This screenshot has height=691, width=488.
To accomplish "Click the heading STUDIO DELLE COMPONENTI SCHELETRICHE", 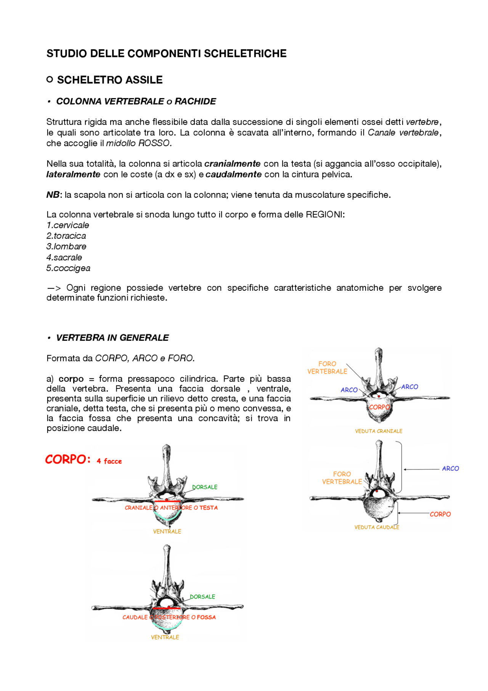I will point(166,53).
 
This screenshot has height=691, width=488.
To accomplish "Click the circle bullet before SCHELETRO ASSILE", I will point(50,79).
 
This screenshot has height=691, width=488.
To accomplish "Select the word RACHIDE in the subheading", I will point(195,101).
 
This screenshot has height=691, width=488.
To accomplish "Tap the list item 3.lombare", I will point(66,246).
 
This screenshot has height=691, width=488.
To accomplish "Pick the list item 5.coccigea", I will point(68,268).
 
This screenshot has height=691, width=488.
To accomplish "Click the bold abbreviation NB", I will point(53,195).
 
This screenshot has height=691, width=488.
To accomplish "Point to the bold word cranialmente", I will point(232,164).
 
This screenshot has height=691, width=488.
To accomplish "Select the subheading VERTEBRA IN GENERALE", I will point(112,338).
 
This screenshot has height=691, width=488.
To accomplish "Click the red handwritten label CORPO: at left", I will point(67,459).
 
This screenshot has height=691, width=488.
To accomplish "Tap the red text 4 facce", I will point(109,461).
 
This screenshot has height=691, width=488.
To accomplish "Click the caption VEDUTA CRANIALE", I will point(379,431).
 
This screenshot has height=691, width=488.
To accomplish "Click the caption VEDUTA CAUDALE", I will point(377,527).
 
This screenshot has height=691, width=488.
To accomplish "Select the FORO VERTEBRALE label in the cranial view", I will point(327,367).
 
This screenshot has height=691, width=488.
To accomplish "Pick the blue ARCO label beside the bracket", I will point(450,469).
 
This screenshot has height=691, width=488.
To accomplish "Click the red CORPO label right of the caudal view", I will point(440,514).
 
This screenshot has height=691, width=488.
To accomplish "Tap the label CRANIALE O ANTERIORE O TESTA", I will point(171,508).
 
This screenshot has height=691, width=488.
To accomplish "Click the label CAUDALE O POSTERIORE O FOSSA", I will point(169,617).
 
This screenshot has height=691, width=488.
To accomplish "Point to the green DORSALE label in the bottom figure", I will point(202,597).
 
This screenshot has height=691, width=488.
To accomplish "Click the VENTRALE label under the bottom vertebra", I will point(165,637).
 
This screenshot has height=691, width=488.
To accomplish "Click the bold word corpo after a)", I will point(71,379).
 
